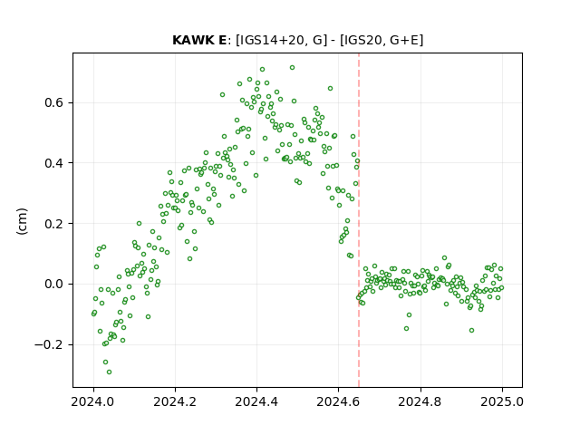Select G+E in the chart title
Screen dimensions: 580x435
(x=405, y=40)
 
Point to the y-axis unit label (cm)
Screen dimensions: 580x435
(x=22, y=221)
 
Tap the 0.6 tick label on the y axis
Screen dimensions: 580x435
(x=55, y=102)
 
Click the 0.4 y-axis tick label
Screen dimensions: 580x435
(x=55, y=163)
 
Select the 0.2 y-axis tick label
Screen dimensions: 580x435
(x=55, y=224)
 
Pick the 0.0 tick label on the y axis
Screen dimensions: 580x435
(x=55, y=284)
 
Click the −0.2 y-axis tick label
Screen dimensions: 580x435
(x=50, y=344)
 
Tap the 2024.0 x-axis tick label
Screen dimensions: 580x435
(x=93, y=401)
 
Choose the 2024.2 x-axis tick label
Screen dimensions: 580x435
(x=175, y=401)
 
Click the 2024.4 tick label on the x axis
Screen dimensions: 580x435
(x=256, y=401)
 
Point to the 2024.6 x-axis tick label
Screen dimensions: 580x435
(x=338, y=401)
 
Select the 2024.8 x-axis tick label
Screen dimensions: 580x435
(x=420, y=401)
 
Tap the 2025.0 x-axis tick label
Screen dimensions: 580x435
(x=502, y=401)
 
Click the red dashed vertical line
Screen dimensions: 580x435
(x=359, y=220)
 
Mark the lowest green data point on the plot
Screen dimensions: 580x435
(x=109, y=372)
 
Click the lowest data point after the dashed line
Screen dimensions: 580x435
(x=471, y=330)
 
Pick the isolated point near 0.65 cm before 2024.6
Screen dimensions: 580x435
(x=330, y=89)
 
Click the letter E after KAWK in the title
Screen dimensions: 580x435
(x=222, y=40)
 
